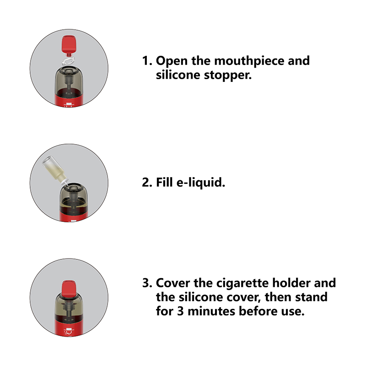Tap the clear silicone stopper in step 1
[x=68, y=61]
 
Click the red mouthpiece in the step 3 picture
[x=69, y=290]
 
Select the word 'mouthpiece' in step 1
[x=249, y=61]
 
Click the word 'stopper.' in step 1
[x=228, y=75]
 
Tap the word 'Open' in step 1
[x=172, y=61]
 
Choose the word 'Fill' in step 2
[x=164, y=182]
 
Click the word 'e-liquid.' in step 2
[x=201, y=183]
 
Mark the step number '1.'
[x=147, y=61]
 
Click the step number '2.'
[x=147, y=182]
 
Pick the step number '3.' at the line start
[x=147, y=283]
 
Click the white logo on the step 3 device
[x=68, y=331]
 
